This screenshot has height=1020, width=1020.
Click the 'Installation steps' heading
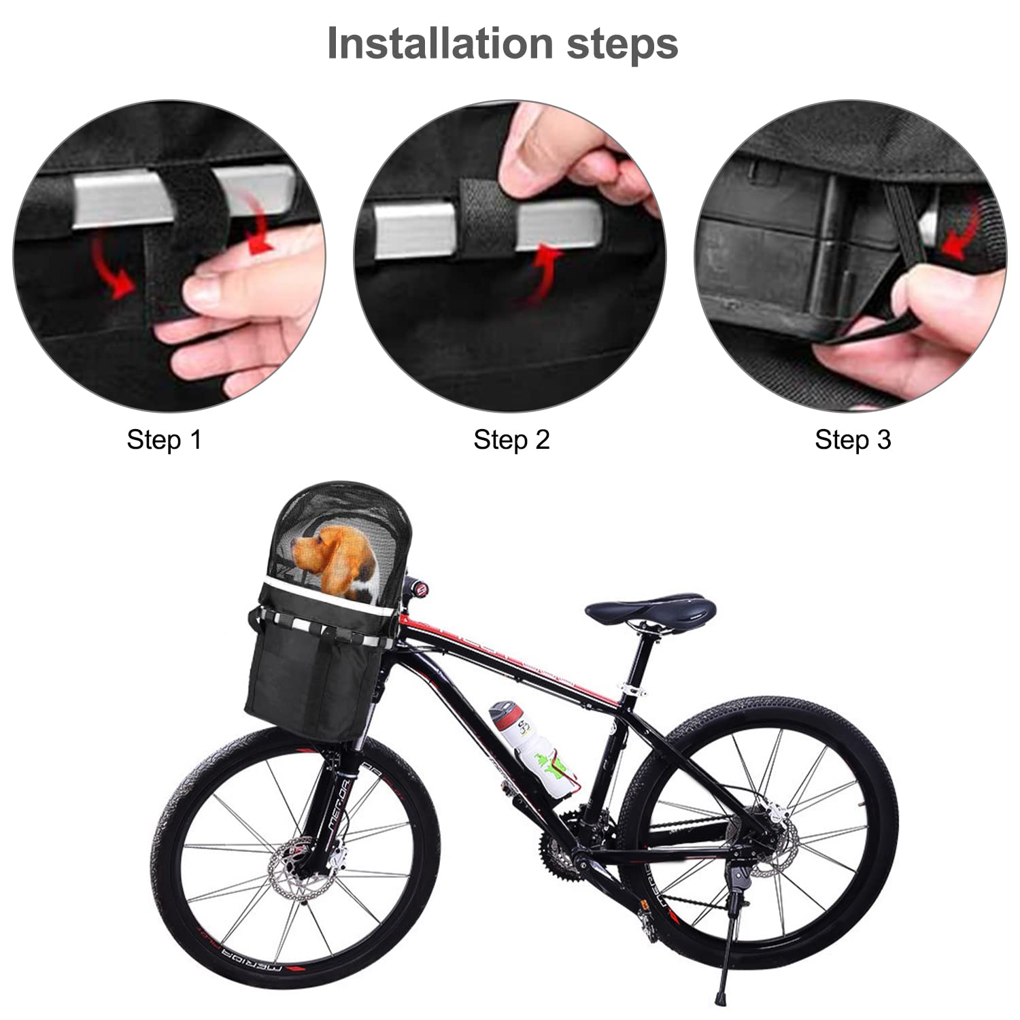tap(503, 44)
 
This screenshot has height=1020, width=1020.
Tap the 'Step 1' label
tap(164, 440)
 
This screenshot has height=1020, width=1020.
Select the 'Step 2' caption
tap(511, 440)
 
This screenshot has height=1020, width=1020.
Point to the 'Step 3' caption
tap(853, 440)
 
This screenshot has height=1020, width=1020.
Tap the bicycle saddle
tap(649, 607)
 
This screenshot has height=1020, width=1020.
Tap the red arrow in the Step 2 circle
tap(544, 275)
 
